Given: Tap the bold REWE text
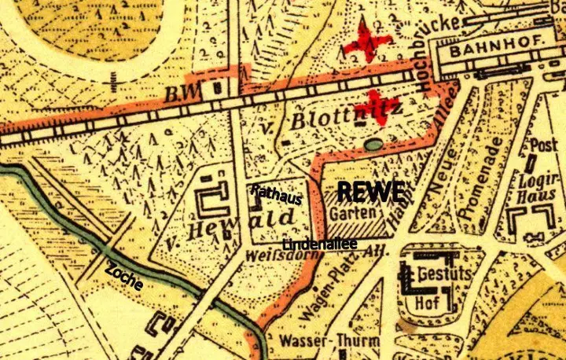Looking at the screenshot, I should coord(370,190).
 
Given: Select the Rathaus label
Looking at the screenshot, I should coord(276,195).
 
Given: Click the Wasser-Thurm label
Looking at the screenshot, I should coord(329,343).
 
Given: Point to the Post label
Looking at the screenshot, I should coord(544,146).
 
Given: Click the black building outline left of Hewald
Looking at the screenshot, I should coord(210,202).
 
